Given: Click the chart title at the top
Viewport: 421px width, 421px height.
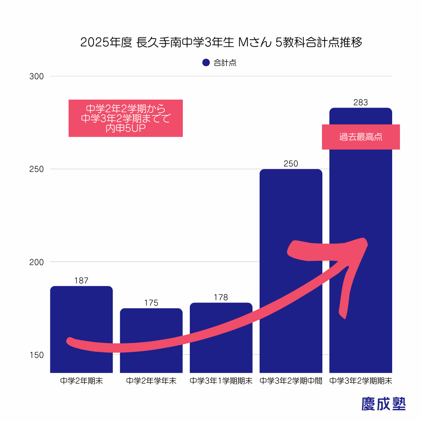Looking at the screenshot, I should click(x=221, y=42).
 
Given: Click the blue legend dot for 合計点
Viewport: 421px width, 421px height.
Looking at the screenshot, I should click(x=206, y=63).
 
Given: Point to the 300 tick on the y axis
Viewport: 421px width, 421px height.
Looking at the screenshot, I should click(x=36, y=76).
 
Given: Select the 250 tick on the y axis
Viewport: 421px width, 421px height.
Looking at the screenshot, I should click(x=36, y=169).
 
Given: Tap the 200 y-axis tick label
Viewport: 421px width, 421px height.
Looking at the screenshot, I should click(x=36, y=262).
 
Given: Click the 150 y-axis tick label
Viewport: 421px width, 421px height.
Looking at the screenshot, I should click(x=36, y=355).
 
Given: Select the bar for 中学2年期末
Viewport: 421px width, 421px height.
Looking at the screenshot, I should click(x=81, y=312).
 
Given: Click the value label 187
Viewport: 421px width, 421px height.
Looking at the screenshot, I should click(x=81, y=281).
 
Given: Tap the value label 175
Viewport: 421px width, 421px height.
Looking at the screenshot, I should click(x=151, y=303).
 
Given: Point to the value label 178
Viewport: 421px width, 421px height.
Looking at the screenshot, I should click(x=221, y=297).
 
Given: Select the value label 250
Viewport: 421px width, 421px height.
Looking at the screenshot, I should click(x=291, y=164).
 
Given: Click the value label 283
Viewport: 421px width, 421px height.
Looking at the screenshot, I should click(x=361, y=103).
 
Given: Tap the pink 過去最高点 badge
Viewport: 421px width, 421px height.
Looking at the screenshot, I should click(x=361, y=137).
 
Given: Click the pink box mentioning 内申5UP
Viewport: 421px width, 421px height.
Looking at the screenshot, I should click(x=126, y=118).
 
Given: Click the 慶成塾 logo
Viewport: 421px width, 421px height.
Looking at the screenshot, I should click(x=384, y=404).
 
